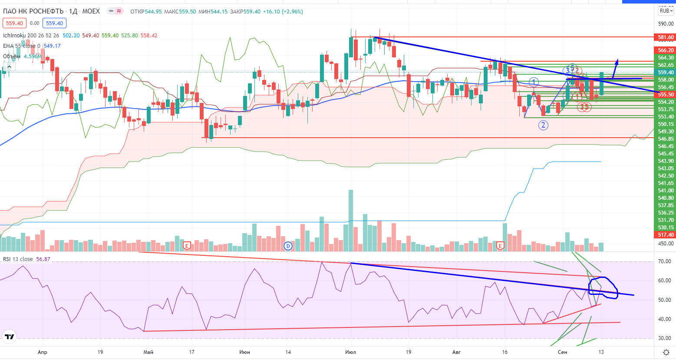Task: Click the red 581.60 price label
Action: click(666, 37)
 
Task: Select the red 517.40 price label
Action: click(666, 235)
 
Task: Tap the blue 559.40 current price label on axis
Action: click(666, 73)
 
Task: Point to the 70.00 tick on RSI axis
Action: click(664, 261)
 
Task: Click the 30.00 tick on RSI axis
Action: click(664, 338)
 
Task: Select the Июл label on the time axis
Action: click(350, 352)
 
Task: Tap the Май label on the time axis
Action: click(148, 352)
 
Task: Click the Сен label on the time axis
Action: click(562, 352)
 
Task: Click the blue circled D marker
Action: click(288, 246)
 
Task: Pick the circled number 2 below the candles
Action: click(543, 126)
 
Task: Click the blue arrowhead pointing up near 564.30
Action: click(617, 62)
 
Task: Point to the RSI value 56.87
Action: click(43, 259)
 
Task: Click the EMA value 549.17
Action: click(52, 46)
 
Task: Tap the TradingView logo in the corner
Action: click(9, 337)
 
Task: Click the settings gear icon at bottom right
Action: click(666, 352)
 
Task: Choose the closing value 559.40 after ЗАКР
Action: click(252, 12)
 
